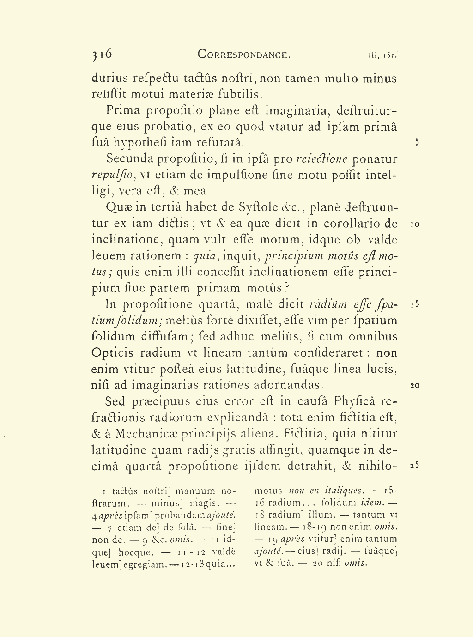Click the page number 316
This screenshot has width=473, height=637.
[x=102, y=54]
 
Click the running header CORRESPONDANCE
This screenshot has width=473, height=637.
[x=244, y=55]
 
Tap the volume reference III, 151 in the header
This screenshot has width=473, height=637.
[x=383, y=55]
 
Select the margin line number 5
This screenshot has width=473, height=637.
[x=417, y=142]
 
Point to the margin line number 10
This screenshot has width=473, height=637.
[x=415, y=224]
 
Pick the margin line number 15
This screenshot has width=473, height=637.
[x=415, y=304]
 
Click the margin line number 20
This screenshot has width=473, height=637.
[x=415, y=385]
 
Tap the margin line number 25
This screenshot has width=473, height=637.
[x=415, y=466]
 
